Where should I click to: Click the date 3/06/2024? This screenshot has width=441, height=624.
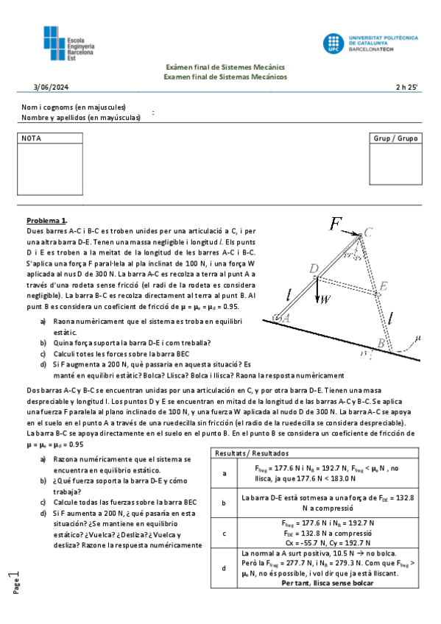point(51,88)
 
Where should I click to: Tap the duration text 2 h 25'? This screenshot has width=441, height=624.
point(406,88)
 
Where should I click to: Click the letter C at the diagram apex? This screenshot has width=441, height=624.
point(368,232)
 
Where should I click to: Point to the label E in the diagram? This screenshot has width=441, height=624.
point(384,286)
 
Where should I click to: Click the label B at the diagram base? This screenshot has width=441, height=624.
point(381,343)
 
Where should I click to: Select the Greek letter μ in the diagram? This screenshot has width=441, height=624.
point(417,338)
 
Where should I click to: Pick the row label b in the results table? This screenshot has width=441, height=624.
point(224,503)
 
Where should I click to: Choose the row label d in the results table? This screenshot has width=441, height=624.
point(224,567)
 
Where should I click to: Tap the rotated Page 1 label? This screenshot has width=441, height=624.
point(16,581)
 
